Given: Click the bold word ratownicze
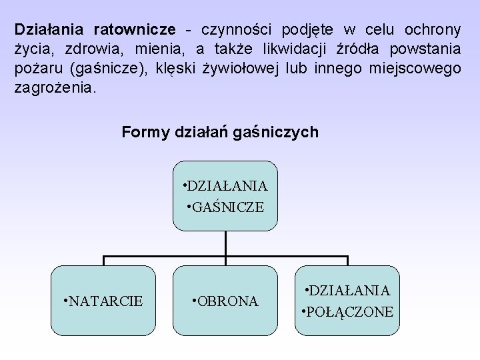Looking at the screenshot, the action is (x=135, y=29).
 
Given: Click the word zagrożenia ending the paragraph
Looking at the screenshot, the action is (x=55, y=88).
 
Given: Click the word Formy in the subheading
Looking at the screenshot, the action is (x=143, y=132).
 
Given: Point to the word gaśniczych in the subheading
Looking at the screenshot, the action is (x=281, y=132).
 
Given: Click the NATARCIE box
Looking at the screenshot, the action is (x=103, y=301).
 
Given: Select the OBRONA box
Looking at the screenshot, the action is (x=225, y=301).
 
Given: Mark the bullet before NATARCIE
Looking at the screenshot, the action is (x=65, y=301).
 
